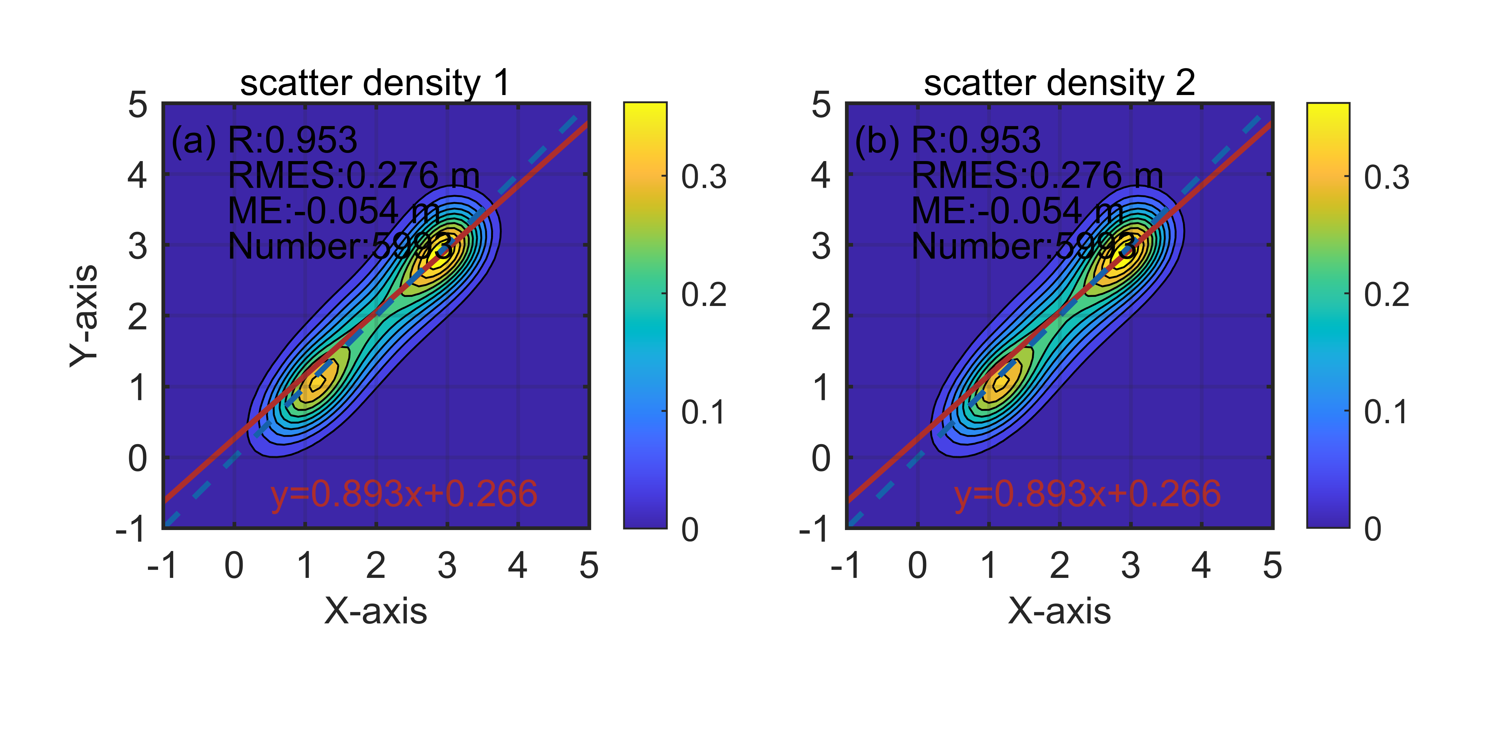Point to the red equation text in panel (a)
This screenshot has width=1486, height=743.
[x=404, y=494]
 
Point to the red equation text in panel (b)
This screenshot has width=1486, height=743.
[x=1087, y=494]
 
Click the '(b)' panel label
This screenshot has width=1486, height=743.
[x=877, y=140]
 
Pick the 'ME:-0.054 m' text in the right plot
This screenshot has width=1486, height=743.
[x=1017, y=211]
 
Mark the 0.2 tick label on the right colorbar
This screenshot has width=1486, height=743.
[x=1386, y=295]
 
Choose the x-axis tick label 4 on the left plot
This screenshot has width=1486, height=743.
[x=517, y=565]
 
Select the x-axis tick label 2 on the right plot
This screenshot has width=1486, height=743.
[x=1059, y=565]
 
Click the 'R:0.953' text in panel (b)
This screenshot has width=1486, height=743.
[x=976, y=140]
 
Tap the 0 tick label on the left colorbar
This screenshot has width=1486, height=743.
[x=690, y=530]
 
